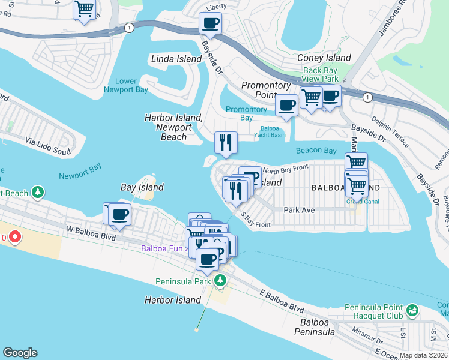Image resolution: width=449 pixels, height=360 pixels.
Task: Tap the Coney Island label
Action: click(324, 58)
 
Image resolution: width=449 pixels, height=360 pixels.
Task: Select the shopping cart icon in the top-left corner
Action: click(85, 10)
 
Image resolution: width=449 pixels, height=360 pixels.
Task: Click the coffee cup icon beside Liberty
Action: click(210, 24)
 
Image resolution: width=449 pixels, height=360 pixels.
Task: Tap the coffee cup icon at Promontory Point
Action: click(287, 105)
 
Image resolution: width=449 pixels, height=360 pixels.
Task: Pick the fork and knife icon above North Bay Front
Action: click(226, 143)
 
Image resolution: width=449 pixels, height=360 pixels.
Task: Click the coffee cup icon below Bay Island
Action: click(119, 215)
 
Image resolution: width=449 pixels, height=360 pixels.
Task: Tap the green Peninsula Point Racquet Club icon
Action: click(412, 310)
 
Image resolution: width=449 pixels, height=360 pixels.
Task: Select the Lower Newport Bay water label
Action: click(125, 85)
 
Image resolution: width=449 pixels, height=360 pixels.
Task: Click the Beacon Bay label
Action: click(316, 151)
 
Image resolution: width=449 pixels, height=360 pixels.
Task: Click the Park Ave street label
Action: click(299, 210)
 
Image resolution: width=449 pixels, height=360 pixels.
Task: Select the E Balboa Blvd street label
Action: click(282, 300)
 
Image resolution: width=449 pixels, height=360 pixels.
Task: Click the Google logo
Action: click(20, 353)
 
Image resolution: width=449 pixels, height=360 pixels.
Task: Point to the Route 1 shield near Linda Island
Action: click(128, 28)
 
